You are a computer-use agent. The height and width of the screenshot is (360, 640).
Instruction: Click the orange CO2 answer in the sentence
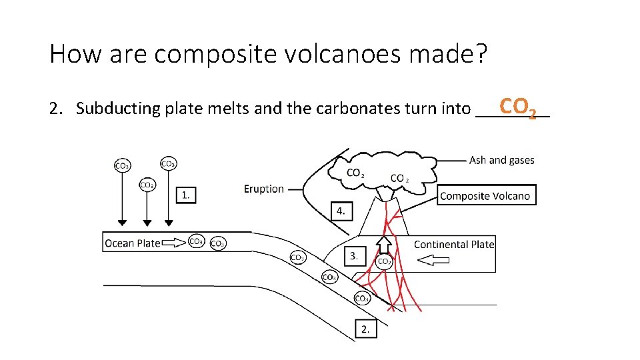tap(517, 107)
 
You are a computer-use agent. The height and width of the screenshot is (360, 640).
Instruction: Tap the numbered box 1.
tap(186, 195)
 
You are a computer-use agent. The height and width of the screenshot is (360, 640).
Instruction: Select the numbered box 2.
tap(366, 329)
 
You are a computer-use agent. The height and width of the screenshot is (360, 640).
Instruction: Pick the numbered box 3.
tap(355, 255)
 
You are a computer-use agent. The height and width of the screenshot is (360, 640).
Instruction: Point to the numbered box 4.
tap(341, 211)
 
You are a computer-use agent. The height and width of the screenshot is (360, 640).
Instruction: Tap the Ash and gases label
tap(501, 160)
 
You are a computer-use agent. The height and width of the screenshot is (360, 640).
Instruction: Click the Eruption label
tap(264, 189)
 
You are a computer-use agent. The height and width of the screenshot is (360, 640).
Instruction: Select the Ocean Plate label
tap(132, 243)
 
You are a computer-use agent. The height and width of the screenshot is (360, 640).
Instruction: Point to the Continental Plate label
tap(454, 244)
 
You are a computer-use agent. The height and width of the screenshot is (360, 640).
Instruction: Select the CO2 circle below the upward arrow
tap(385, 262)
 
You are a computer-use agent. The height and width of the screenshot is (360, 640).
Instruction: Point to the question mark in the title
tap(481, 53)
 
